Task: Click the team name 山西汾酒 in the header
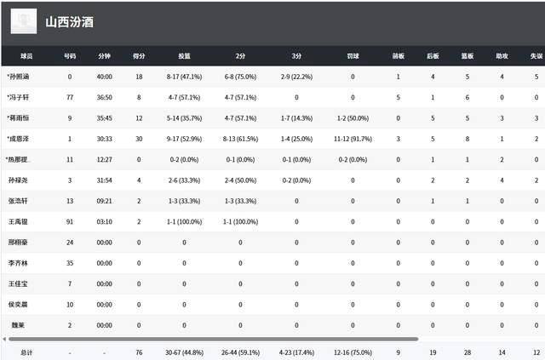[70, 21]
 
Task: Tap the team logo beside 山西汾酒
[24, 21]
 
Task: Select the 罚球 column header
[353, 56]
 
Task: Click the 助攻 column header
[502, 56]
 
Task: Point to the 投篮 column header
[184, 56]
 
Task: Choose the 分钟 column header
[104, 56]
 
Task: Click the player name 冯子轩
[19, 98]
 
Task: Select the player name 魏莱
[17, 325]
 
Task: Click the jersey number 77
[70, 98]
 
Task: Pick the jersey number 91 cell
[70, 221]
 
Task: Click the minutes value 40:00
[104, 77]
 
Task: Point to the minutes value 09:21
[104, 201]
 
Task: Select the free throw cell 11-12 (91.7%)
[353, 139]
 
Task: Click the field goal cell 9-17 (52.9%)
[184, 139]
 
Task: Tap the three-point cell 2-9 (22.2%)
[295, 77]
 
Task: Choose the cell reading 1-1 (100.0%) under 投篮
[184, 221]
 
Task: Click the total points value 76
[138, 351]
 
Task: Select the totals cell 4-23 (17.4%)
[295, 351]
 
